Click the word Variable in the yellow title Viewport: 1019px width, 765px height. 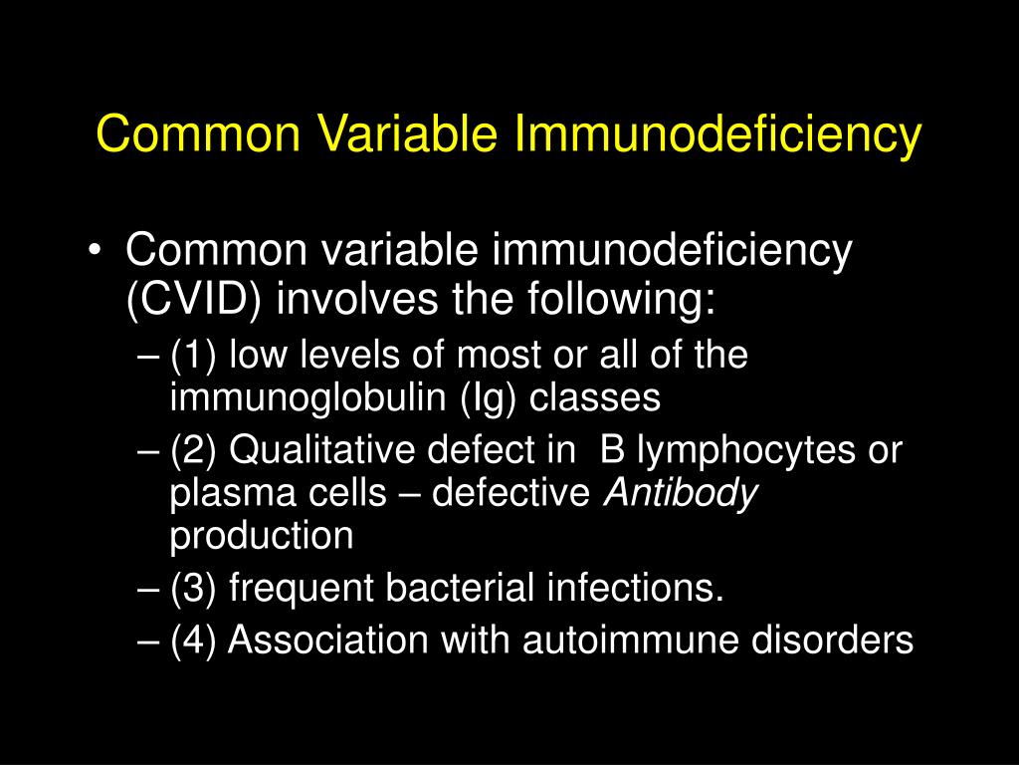[x=406, y=134]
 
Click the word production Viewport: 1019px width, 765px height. [x=262, y=537]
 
